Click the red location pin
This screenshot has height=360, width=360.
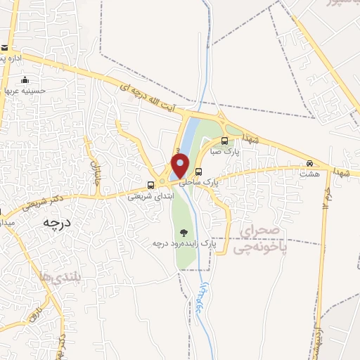coord(180,166)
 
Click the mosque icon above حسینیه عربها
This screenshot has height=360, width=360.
coord(26,79)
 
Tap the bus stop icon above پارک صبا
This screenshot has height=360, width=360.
coord(224,140)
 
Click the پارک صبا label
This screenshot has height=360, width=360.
coord(226,151)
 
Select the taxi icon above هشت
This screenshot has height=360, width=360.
coord(309,163)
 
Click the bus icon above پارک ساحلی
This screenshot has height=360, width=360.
coord(199,172)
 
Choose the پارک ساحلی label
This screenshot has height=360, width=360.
coord(199,181)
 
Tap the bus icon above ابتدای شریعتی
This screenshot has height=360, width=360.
coord(150,186)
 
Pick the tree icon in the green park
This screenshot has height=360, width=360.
coord(184,233)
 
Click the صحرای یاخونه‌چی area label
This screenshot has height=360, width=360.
coord(260,239)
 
